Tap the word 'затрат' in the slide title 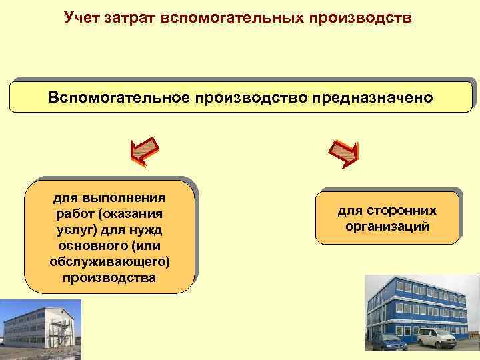[x=131, y=17]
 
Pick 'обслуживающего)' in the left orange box [x=110, y=261]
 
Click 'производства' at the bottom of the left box [x=110, y=277]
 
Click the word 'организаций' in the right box [x=387, y=227]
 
